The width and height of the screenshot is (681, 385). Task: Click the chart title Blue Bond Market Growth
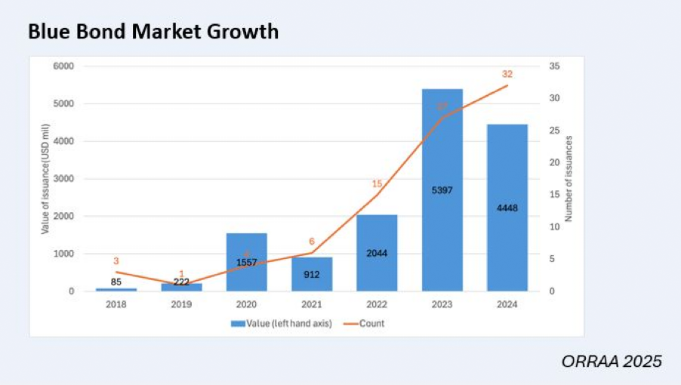153,32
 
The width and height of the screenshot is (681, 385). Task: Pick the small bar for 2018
116,289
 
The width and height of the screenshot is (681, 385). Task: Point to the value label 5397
442,190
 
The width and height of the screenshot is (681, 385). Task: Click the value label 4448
507,208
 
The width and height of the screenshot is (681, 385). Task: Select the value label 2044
377,253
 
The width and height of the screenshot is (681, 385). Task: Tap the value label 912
311,274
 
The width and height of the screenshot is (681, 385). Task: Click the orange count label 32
507,74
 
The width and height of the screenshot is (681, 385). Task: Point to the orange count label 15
377,183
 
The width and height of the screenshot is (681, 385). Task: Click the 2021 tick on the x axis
311,304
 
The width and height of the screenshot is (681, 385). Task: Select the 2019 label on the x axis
181,304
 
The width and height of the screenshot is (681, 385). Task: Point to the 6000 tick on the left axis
63,66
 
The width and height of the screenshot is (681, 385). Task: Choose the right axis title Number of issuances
569,179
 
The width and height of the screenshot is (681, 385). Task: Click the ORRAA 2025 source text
611,362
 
